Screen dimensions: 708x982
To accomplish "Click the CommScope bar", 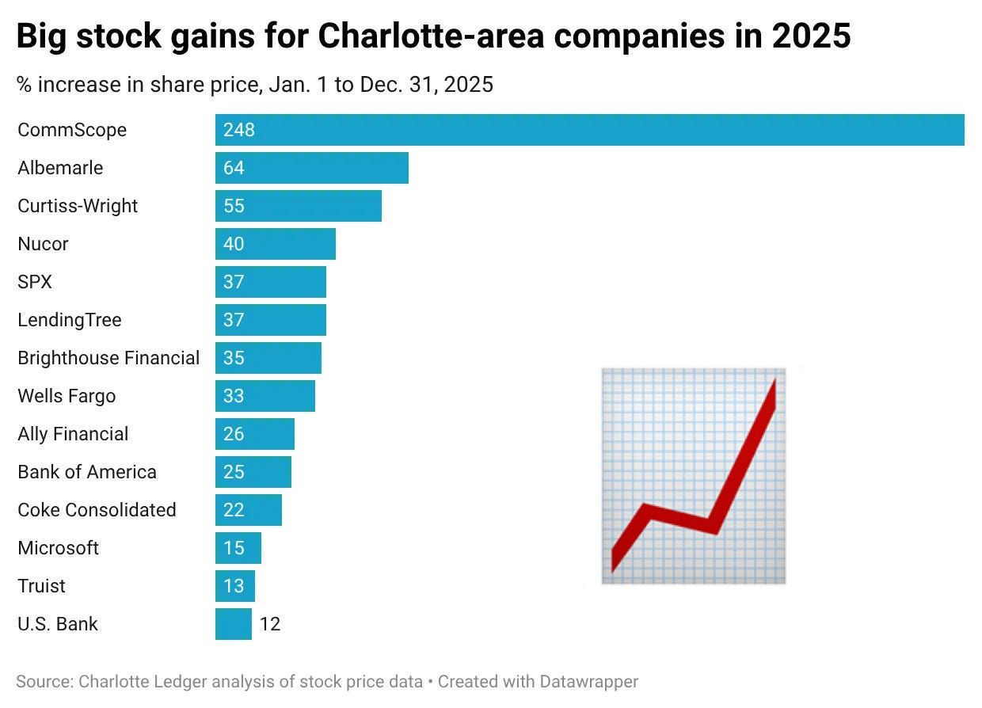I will (589, 130).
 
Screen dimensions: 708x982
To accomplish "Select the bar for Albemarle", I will (312, 168).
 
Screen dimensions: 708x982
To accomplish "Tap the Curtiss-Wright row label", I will (78, 206).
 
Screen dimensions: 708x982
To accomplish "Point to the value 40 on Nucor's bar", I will (234, 244).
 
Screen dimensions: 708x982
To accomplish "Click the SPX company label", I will (35, 282).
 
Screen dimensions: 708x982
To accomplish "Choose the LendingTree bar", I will (271, 320).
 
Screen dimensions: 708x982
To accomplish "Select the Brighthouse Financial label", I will (108, 358).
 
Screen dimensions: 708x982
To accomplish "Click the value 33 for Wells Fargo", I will (234, 396).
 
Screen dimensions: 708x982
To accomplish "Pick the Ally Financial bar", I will (255, 434).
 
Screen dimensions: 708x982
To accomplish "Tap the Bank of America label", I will (87, 472).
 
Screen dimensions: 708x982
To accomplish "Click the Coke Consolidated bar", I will (249, 510).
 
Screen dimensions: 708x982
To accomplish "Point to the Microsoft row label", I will (58, 548).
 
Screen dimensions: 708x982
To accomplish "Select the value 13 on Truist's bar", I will (234, 586).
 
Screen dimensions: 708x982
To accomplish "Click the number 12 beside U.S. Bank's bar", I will (270, 624).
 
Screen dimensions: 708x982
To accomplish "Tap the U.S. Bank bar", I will (233, 624).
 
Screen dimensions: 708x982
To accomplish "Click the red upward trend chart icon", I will (694, 475).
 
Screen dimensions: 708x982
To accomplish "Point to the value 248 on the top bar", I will (239, 130).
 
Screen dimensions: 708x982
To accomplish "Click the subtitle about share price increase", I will (255, 84).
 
